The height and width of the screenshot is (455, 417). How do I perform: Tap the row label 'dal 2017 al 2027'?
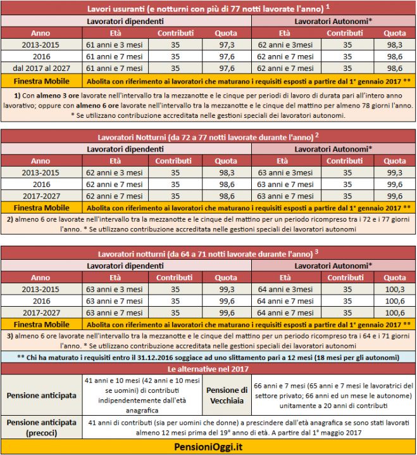point(40,68)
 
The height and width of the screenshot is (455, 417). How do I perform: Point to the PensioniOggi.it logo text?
point(208,448)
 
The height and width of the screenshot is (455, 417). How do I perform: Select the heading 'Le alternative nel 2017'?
point(208,368)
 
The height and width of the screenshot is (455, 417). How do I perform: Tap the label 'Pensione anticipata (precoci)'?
point(41,427)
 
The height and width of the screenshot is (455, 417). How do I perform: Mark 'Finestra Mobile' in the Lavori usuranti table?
point(40,81)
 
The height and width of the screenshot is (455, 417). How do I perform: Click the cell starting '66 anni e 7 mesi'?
point(333,395)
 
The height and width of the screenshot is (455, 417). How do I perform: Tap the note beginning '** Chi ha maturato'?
point(208,357)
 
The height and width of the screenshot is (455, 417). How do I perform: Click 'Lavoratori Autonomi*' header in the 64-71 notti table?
point(333,266)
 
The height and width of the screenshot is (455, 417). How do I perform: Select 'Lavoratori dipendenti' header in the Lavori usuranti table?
point(126,22)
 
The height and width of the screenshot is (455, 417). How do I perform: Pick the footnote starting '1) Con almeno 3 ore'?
point(208,105)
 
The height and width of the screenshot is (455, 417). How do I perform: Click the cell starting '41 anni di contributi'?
point(249,427)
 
